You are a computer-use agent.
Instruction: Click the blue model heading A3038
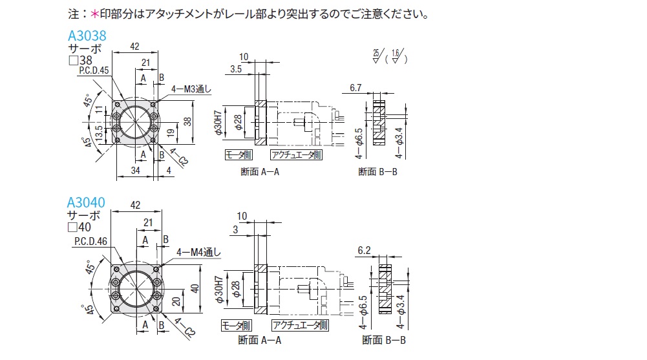[87, 37]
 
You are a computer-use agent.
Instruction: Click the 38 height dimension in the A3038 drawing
[186, 121]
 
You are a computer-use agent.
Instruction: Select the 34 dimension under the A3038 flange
[135, 171]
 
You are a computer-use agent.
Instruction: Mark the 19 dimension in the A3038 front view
[168, 133]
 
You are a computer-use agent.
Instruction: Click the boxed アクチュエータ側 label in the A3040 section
[296, 325]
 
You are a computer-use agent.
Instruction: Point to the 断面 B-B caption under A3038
[377, 171]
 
